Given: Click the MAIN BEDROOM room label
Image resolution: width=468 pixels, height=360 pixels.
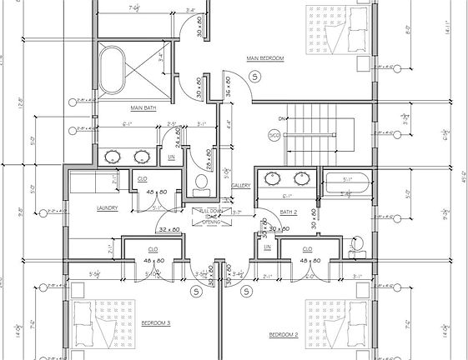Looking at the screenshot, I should click(265, 58).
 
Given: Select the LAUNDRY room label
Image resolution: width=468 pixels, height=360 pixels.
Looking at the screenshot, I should click(107, 208).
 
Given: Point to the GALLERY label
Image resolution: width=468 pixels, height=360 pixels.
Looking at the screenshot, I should click(241, 185).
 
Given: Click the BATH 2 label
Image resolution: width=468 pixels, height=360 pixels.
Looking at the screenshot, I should click(289, 212).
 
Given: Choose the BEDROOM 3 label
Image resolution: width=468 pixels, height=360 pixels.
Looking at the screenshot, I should click(156, 322).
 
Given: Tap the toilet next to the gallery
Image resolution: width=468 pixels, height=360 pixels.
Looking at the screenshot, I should click(200, 181).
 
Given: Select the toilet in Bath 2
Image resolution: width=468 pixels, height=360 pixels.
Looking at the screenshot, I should click(357, 244).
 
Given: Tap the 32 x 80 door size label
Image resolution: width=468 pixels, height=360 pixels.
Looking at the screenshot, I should click(169, 230).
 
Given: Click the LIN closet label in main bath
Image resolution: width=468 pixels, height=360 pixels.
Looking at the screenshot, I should click(171, 157).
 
